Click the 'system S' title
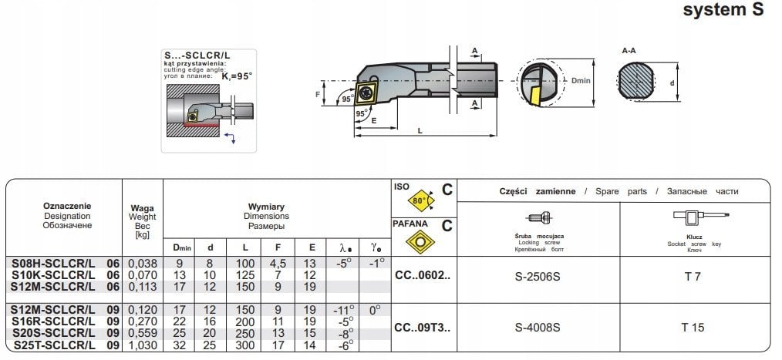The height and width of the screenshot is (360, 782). [x=723, y=11]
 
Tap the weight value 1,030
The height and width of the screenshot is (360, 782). [x=143, y=347]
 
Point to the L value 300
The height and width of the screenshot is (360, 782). [x=245, y=347]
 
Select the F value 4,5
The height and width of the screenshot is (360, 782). [x=276, y=264]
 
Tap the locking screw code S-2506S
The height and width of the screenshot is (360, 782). [x=538, y=275]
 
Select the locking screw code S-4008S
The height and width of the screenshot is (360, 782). [x=538, y=328]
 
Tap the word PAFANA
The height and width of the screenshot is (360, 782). [x=410, y=223]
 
